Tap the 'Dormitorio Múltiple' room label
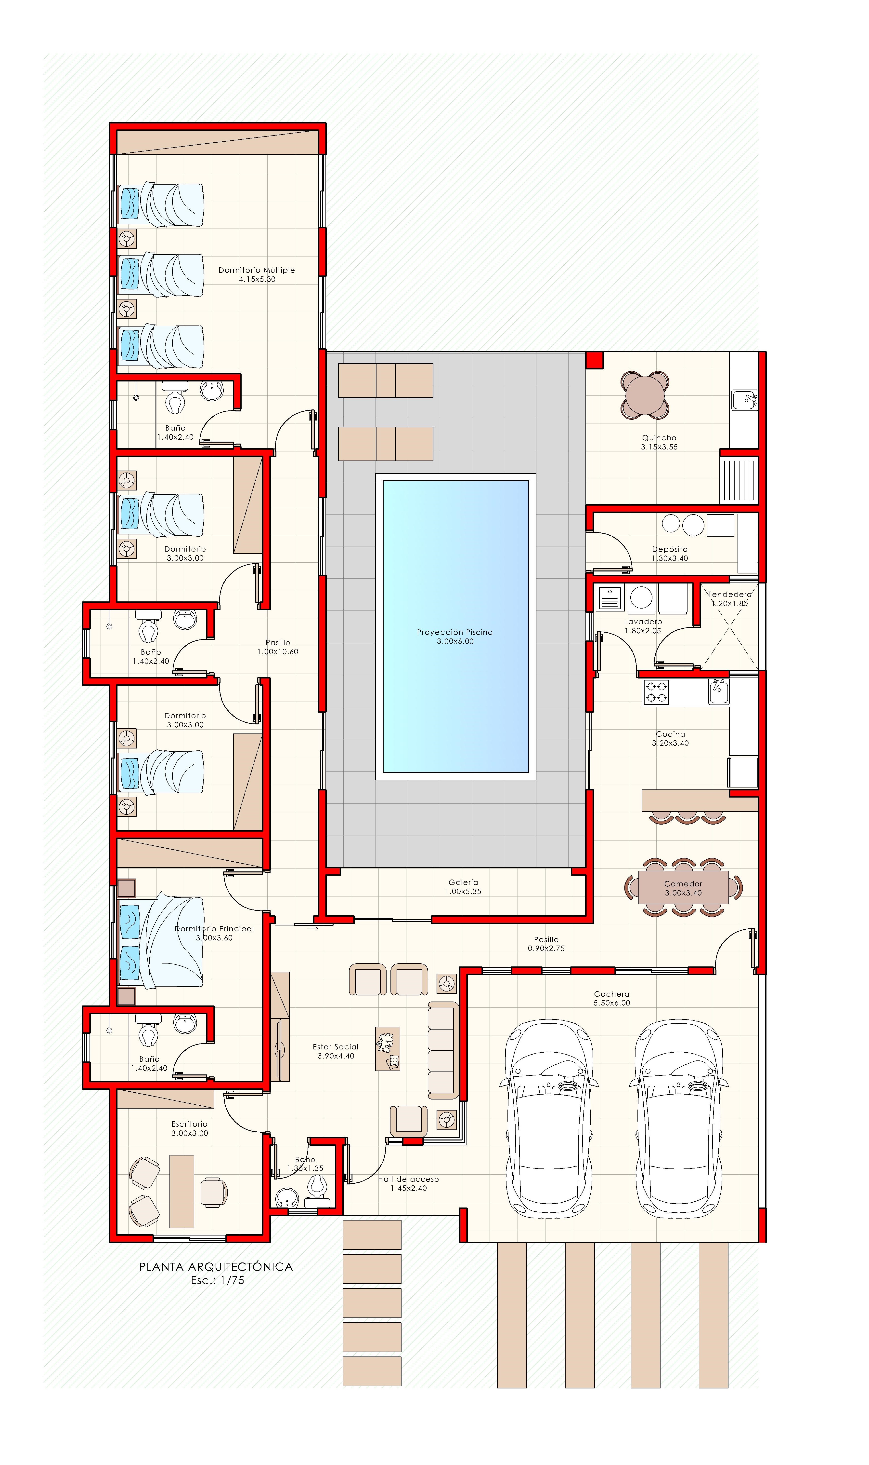tap(257, 270)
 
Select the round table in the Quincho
tap(645, 395)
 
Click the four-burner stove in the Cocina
tap(656, 692)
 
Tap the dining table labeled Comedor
tap(683, 888)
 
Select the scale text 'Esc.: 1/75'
tap(217, 1280)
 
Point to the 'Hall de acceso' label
tap(408, 1179)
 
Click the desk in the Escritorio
tap(182, 1191)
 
